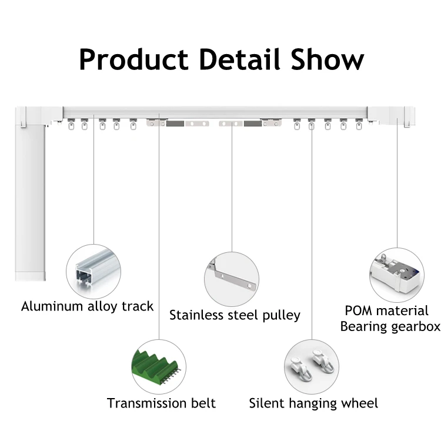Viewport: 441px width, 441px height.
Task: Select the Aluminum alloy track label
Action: [87, 306]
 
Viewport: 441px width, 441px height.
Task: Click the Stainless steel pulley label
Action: [235, 315]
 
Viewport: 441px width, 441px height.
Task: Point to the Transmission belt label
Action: [161, 403]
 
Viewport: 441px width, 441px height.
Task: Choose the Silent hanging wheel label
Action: [313, 403]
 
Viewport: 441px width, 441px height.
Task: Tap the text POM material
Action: [386, 310]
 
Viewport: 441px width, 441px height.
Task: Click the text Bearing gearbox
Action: [390, 327]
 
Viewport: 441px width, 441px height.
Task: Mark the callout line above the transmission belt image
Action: [159, 235]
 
